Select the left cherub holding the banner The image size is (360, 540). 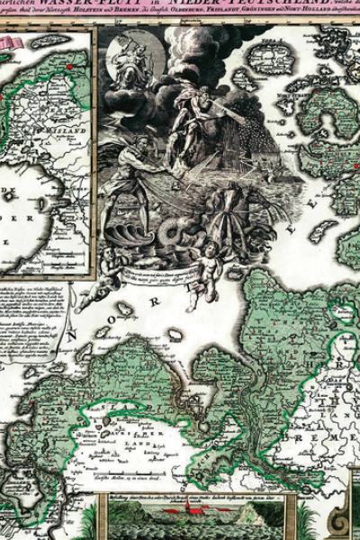tap(108, 271)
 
